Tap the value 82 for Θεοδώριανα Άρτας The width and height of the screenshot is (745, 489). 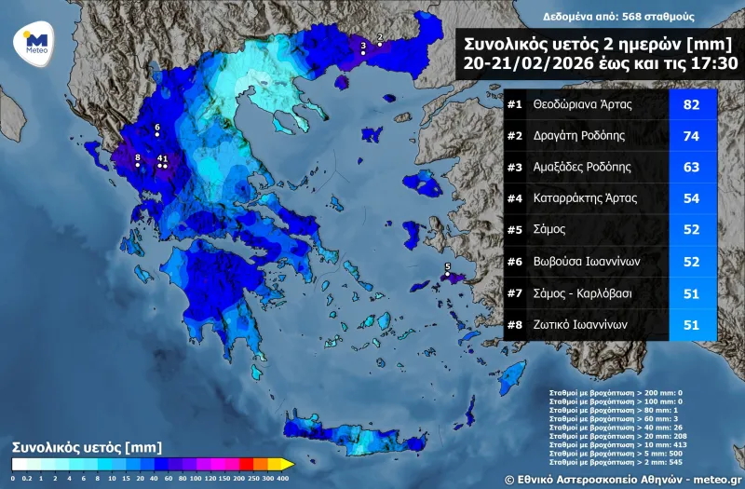691,104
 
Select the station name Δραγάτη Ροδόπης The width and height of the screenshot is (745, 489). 579,136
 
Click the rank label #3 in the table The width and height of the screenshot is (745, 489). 515,168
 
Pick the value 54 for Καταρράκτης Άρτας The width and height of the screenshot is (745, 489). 691,199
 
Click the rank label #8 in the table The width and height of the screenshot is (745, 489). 515,325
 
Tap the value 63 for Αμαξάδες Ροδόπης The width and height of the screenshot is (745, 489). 691,168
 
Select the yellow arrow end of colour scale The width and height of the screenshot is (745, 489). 289,464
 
